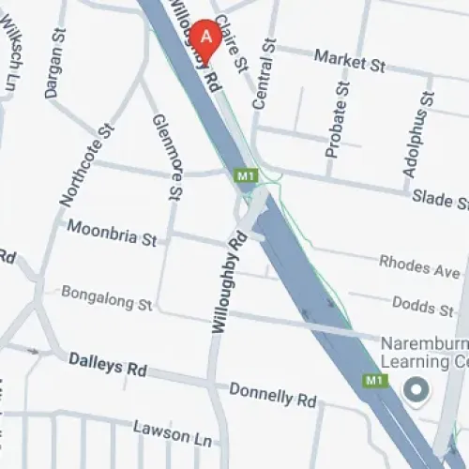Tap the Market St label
tap(350, 62)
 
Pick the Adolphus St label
tap(419, 130)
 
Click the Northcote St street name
tap(84, 167)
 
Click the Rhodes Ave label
tap(419, 266)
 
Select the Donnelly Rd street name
tap(272, 395)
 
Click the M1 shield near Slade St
tap(245, 175)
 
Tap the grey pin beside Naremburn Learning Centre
tap(415, 387)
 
